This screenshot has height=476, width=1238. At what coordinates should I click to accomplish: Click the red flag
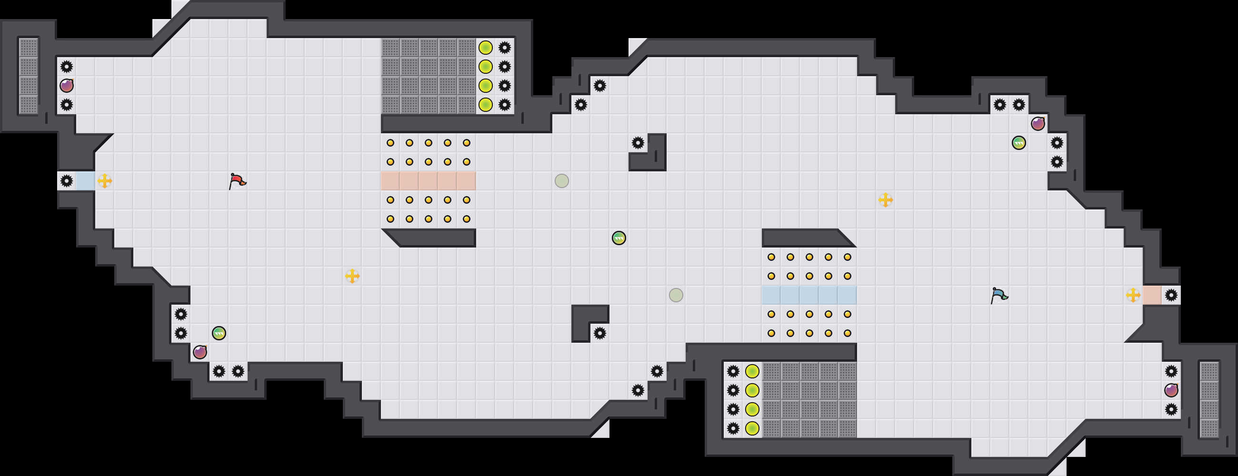237,181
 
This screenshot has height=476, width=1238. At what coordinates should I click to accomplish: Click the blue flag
998,295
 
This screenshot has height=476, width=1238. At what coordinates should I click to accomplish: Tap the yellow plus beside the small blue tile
105,181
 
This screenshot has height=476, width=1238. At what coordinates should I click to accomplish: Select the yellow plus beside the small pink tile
1133,295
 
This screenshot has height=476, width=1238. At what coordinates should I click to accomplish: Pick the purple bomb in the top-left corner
67,86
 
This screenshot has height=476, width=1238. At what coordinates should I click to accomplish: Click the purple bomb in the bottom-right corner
1171,390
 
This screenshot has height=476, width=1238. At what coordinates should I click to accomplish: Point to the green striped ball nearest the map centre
619,238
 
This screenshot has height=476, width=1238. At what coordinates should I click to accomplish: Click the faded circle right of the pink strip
561,181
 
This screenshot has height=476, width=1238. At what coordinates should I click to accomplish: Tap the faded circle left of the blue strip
676,295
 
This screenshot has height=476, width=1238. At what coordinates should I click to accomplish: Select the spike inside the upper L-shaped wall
638,143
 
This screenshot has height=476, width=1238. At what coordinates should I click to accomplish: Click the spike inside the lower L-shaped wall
599,333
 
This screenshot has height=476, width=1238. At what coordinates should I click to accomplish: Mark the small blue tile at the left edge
86,181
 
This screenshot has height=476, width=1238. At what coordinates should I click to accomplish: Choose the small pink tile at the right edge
1152,295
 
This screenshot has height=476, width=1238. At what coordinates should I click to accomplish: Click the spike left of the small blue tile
67,181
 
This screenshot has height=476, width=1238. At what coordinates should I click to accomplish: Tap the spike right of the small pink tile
1171,295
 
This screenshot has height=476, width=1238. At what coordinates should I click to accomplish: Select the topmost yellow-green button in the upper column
485,48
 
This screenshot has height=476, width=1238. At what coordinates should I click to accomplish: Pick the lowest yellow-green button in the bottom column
752,428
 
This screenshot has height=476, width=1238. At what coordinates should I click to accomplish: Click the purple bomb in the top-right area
1038,123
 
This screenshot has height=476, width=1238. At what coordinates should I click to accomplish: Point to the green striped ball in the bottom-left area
219,333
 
